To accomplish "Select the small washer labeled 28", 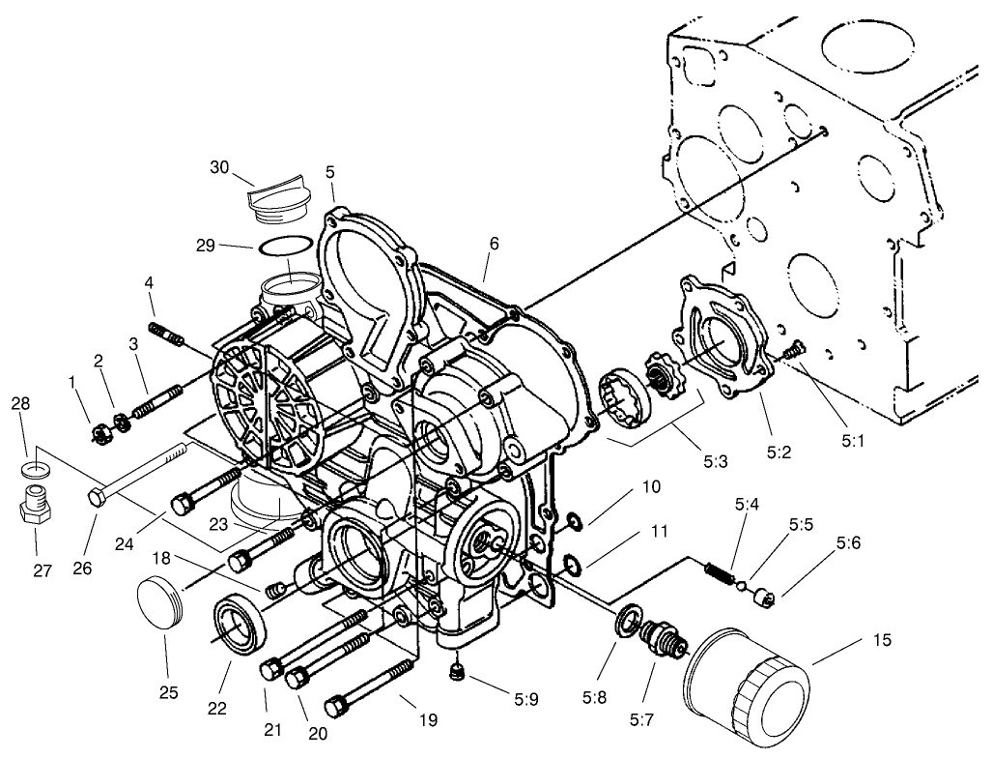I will pos(37,470).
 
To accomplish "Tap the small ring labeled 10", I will pos(573,523).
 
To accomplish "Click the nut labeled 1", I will pos(98,434).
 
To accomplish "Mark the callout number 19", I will pos(428,719).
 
